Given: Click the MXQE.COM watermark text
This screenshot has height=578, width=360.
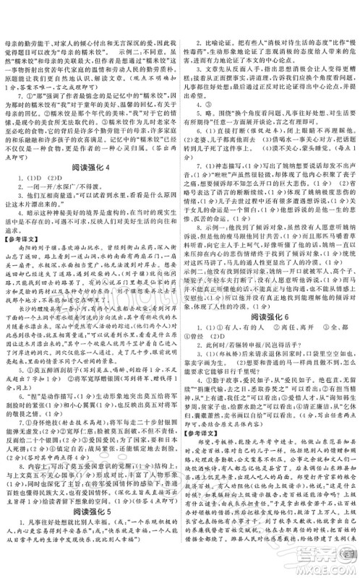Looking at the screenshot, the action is pos(325,568).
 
